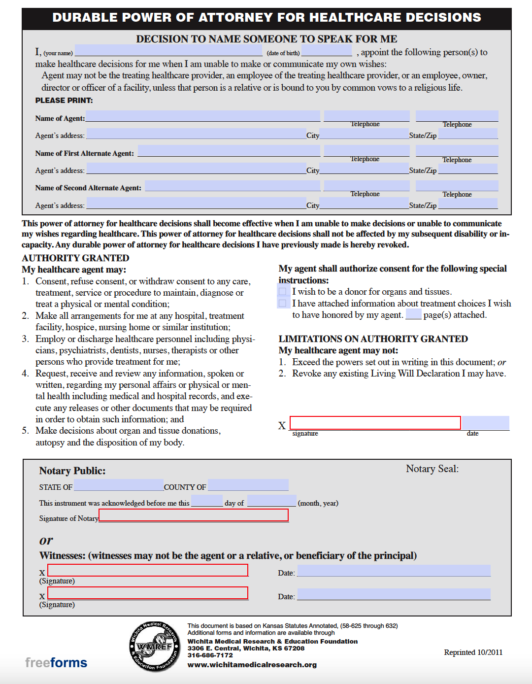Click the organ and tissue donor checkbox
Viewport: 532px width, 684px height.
(282, 292)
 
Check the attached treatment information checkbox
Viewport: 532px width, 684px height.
(282, 304)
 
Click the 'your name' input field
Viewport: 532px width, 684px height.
(168, 51)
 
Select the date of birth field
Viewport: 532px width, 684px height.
(327, 51)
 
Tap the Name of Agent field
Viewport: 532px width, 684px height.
(203, 116)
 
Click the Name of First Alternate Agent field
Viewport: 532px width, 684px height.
(229, 151)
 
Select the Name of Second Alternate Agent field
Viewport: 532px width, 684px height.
(233, 186)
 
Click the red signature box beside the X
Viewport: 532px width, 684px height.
(375, 423)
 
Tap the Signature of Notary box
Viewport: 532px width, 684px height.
(194, 515)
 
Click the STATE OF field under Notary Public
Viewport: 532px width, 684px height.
(118, 485)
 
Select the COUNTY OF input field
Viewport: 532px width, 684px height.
(248, 485)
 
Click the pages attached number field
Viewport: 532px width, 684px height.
(413, 314)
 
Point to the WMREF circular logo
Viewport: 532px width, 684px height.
(155, 646)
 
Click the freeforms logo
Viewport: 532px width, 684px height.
(56, 663)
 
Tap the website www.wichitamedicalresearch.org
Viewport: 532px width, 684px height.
(252, 665)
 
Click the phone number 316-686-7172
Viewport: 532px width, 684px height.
(210, 655)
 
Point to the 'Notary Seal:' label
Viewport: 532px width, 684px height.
(432, 469)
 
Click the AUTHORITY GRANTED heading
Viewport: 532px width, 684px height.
(75, 258)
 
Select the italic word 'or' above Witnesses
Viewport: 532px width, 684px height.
(46, 541)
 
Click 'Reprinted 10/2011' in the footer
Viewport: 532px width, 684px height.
(473, 652)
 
